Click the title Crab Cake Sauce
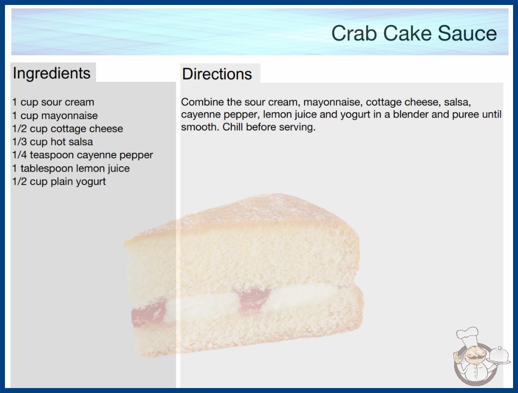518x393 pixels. (414, 33)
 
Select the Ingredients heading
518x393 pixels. (52, 73)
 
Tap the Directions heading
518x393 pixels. (217, 74)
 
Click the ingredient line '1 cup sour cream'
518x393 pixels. (53, 102)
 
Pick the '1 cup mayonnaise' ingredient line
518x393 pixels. (55, 116)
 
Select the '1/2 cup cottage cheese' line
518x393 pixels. (67, 129)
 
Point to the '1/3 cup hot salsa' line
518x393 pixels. (52, 142)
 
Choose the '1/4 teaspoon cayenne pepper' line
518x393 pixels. (83, 155)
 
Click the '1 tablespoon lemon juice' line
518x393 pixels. (71, 168)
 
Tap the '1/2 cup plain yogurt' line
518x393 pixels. (59, 182)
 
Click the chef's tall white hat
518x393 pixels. (468, 336)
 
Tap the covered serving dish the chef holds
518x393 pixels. (499, 355)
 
